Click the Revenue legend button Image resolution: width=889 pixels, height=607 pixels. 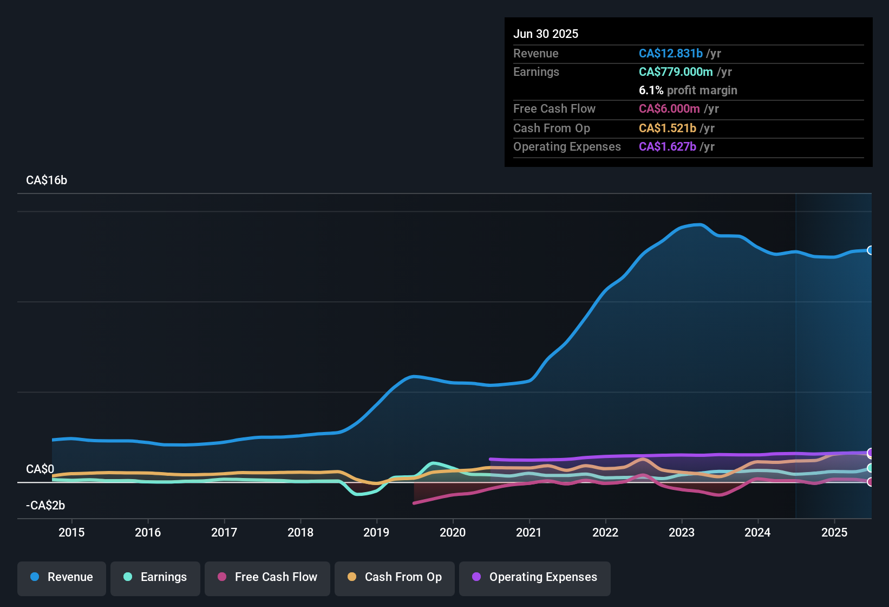pos(62,577)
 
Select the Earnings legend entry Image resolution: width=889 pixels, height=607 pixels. pos(155,577)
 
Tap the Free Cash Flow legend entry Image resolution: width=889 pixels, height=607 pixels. pos(267,577)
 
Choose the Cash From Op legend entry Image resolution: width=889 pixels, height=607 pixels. pos(395,577)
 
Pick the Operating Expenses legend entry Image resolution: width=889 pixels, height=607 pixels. pos(535,577)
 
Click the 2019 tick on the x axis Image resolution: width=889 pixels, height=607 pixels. pos(376,532)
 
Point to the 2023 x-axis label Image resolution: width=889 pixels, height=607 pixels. pos(681,532)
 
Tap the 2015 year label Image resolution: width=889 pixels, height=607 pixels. pos(71,532)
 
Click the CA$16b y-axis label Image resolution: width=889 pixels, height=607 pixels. pos(47,180)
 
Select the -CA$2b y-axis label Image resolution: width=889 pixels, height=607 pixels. pos(45,506)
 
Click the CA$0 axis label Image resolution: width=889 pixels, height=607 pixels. pos(40,469)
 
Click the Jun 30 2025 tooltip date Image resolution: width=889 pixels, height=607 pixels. pos(546,34)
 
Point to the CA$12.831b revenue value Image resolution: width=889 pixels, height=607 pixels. pos(670,54)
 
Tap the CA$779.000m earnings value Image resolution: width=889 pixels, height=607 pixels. pos(675,72)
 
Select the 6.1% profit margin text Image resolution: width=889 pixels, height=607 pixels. pos(688,91)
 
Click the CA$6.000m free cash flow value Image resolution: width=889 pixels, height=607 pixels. pos(669,109)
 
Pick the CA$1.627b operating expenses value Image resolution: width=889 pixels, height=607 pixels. pos(667,147)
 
